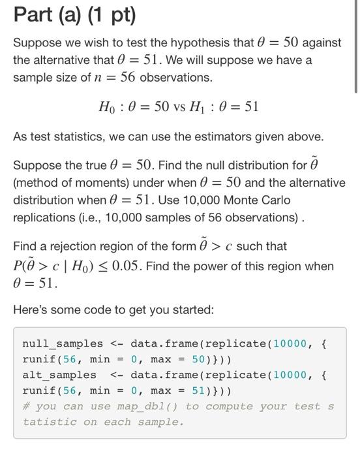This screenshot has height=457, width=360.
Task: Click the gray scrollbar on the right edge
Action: (x=355, y=46)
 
